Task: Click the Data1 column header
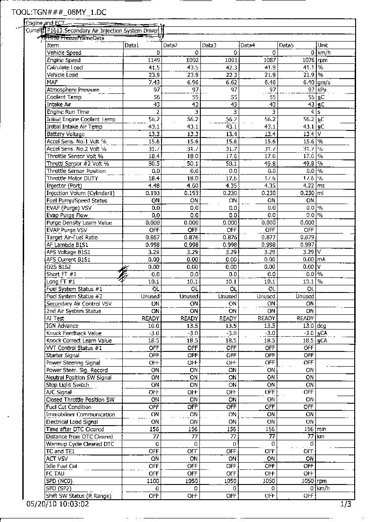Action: [x=132, y=46]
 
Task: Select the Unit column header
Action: [x=323, y=46]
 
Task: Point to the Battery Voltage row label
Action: [x=66, y=134]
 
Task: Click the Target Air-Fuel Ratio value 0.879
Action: [x=307, y=238]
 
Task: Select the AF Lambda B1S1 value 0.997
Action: [x=307, y=245]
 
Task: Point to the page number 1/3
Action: [x=346, y=505]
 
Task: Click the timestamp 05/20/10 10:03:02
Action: [x=58, y=504]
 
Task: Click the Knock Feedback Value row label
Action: [x=74, y=333]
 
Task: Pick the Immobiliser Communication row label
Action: [x=81, y=414]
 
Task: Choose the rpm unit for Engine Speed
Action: [x=322, y=60]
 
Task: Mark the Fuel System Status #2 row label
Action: [x=75, y=296]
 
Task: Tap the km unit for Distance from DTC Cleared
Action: [x=321, y=437]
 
